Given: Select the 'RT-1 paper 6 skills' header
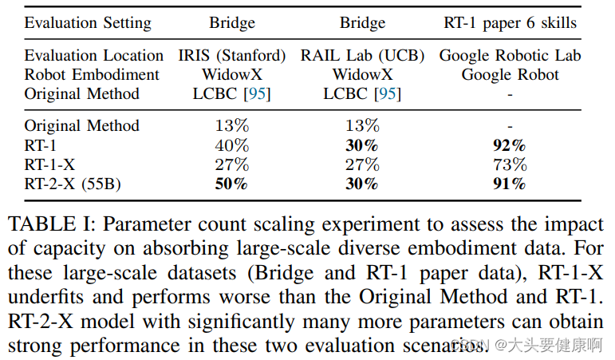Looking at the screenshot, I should point(510,22).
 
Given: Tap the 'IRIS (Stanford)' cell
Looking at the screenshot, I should point(231,56).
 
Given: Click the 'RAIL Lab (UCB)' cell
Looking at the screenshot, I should point(362,56).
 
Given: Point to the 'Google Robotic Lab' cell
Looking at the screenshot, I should point(510,56).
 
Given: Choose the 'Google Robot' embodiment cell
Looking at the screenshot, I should point(510,75).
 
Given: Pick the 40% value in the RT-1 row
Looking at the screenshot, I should point(231,146).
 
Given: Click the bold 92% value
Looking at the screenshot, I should point(510,146).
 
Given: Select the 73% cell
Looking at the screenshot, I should point(510,165).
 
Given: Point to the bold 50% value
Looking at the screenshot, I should point(231,184).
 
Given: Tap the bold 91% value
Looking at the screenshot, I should point(510,184).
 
